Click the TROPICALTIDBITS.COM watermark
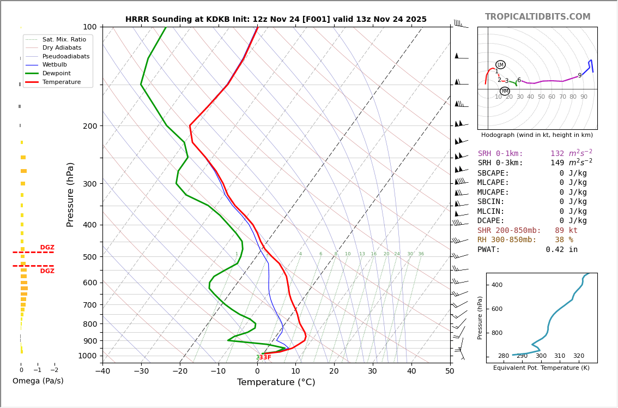(537, 17)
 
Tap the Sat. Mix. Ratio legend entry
(64, 39)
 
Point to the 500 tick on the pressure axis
(89, 257)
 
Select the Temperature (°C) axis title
(276, 382)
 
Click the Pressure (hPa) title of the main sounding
(70, 194)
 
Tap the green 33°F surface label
(263, 358)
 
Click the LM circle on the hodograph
(500, 65)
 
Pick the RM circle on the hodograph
(505, 91)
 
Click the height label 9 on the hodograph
(580, 76)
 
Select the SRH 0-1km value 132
(557, 154)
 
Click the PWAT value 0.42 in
(561, 250)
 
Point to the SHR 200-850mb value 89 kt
(566, 231)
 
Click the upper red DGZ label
(47, 248)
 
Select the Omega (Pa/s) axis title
(38, 381)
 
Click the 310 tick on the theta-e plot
(560, 356)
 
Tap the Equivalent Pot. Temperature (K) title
(541, 368)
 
